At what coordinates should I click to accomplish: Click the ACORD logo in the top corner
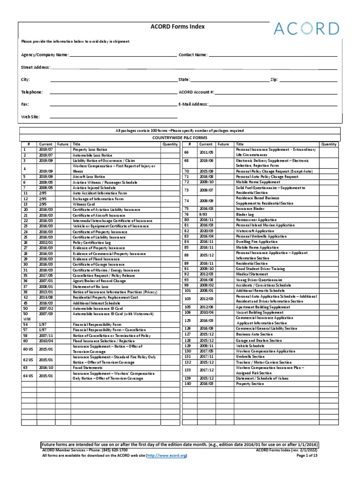[x=321, y=29]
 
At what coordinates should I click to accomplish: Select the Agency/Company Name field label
[x=45, y=55]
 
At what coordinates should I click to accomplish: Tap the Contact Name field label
[x=193, y=55]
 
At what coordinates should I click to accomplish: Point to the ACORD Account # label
[x=196, y=92]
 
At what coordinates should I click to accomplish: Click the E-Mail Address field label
[x=193, y=105]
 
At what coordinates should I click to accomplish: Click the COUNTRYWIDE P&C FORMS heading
[x=180, y=138]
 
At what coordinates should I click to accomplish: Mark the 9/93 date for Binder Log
[x=203, y=214]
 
